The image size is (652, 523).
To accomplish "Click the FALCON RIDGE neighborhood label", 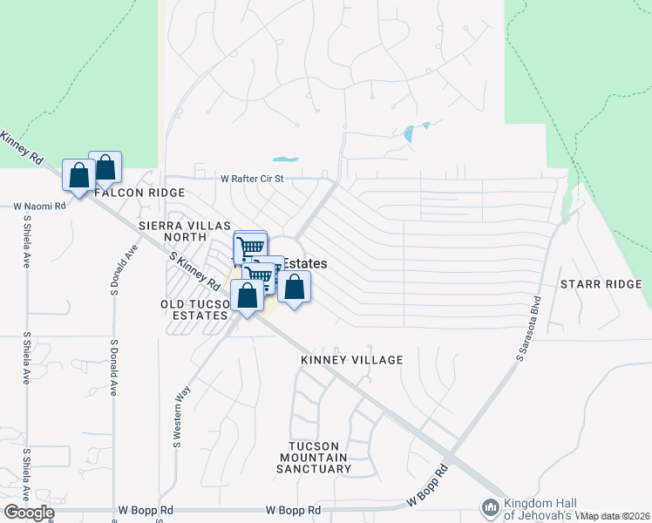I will pos(140,193).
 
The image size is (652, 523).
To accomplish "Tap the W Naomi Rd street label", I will pos(40,207).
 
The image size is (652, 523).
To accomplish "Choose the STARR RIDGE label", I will pos(601,285).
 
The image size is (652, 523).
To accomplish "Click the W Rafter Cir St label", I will pos(253,179).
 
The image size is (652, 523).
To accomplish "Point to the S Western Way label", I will pos(182,405).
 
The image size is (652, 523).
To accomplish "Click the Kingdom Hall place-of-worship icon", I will pos(490,507).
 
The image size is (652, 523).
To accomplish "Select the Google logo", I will pos(29,513).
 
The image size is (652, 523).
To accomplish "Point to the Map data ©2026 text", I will pos(615,516).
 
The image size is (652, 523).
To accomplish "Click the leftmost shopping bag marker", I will pos(78,175).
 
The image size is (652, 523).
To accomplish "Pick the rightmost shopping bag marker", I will pos(295,286).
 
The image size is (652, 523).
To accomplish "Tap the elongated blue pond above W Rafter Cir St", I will pos(285,160).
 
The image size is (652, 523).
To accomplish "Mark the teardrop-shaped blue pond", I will pos(410,134).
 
